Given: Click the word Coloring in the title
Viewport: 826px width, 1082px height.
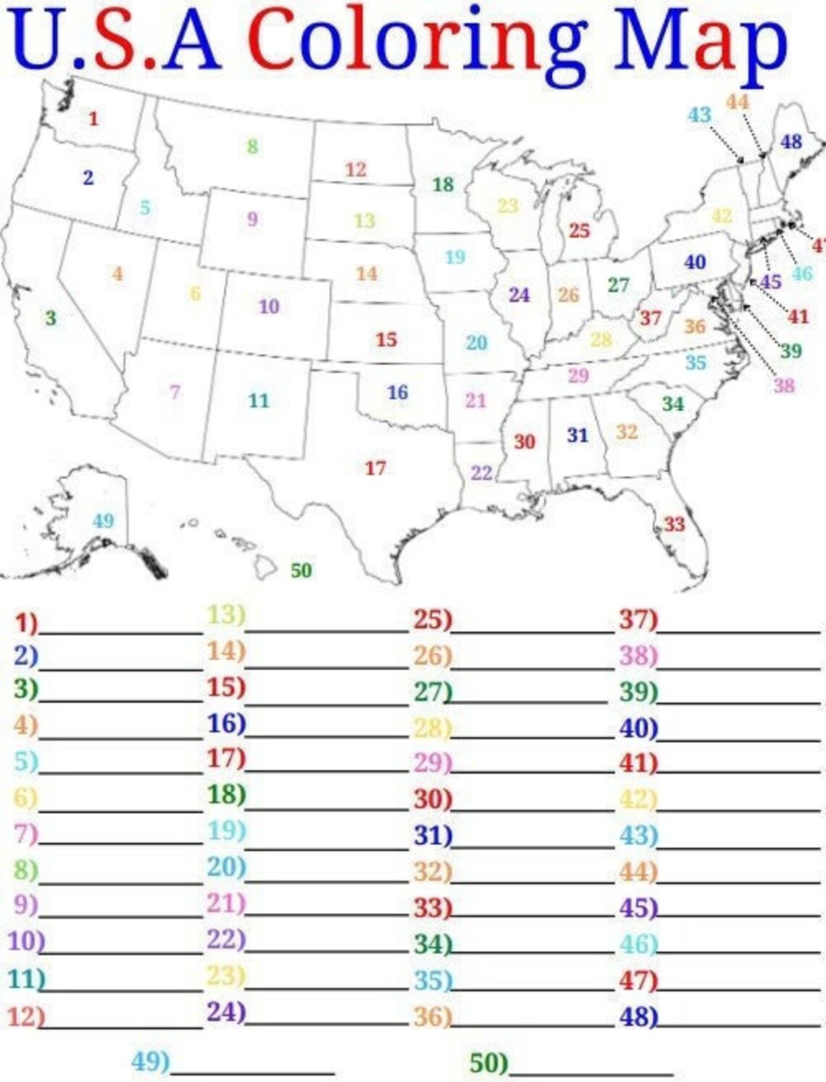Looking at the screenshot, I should tap(417, 40).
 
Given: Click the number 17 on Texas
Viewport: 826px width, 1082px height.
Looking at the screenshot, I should tap(375, 468).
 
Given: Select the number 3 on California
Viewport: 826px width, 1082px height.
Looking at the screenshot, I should tap(50, 317).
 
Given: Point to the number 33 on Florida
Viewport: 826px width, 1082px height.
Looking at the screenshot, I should tap(674, 524).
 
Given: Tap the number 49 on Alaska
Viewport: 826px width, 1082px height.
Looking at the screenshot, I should tap(103, 520).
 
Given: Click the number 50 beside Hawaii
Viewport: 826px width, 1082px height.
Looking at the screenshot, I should tap(301, 570).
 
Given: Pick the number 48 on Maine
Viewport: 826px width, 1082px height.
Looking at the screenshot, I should tap(791, 141).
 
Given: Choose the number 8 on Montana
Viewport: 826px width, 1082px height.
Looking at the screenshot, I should tap(252, 146).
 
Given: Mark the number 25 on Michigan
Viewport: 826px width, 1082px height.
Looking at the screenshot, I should tap(579, 230).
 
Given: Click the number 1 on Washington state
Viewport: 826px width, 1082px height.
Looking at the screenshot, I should tap(93, 118).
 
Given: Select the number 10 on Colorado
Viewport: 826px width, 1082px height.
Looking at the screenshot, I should tap(269, 307).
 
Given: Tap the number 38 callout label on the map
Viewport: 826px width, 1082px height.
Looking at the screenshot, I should tap(784, 385).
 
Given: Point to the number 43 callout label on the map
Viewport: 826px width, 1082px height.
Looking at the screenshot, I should tap(699, 115).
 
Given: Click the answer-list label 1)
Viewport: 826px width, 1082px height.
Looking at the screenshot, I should tap(26, 622).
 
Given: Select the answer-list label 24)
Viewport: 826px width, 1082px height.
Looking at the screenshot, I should tap(226, 1012).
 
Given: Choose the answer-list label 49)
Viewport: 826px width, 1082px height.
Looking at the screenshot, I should tap(150, 1061).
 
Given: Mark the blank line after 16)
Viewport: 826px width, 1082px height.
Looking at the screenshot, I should tap(327, 733).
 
